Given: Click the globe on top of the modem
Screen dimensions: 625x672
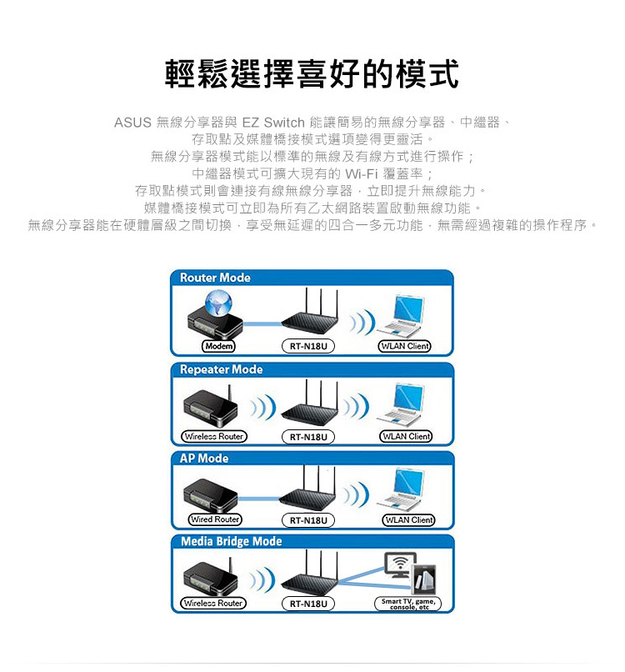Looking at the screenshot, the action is tap(218, 303).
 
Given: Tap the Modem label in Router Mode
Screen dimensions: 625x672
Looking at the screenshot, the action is tap(218, 346).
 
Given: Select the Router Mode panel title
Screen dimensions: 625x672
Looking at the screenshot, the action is tap(215, 278).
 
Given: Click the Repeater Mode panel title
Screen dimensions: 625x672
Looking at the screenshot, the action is tap(221, 369).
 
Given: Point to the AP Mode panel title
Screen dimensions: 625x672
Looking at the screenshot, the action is tap(204, 458).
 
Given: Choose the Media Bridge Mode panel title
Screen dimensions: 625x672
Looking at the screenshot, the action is tap(232, 541).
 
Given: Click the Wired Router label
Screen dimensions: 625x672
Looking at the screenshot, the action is tap(215, 519).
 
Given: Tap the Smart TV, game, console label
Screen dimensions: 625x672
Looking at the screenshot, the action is tap(408, 604).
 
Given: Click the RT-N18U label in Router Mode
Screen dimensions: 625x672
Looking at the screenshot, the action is tap(308, 346).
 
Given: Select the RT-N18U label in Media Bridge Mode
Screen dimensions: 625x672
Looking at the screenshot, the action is tap(308, 604).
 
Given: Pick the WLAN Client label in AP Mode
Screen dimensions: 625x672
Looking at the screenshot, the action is tap(408, 520).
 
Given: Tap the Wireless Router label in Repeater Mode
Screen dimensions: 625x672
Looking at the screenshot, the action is tap(214, 436).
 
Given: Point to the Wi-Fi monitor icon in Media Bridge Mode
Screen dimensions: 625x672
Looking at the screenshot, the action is tap(400, 564).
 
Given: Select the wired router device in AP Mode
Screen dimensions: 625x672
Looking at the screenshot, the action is tap(210, 496).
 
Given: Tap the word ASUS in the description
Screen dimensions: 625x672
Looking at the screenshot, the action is tap(132, 123).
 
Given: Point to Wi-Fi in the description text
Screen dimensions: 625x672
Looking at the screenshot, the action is tap(361, 173).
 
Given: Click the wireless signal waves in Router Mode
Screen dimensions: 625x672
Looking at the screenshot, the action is tap(362, 322).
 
